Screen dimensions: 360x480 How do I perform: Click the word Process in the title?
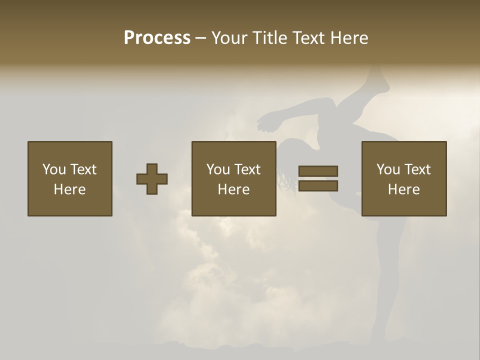pyautogui.click(x=157, y=38)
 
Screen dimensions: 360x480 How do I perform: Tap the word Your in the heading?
pyautogui.click(x=229, y=38)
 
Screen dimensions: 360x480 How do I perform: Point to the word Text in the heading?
pyautogui.click(x=307, y=38)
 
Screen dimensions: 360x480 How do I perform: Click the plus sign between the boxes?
pyautogui.click(x=152, y=179)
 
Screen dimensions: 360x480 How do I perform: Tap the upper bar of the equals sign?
pyautogui.click(x=318, y=171)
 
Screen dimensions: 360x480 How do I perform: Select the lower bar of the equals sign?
pyautogui.click(x=318, y=186)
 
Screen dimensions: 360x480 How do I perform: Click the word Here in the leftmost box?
pyautogui.click(x=70, y=189)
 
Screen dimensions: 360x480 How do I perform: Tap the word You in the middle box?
pyautogui.click(x=218, y=169)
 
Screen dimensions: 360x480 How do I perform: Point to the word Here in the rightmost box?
pyautogui.click(x=404, y=189)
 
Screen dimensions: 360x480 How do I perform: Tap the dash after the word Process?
pyautogui.click(x=200, y=38)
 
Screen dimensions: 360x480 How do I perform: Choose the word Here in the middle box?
pyautogui.click(x=234, y=189)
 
